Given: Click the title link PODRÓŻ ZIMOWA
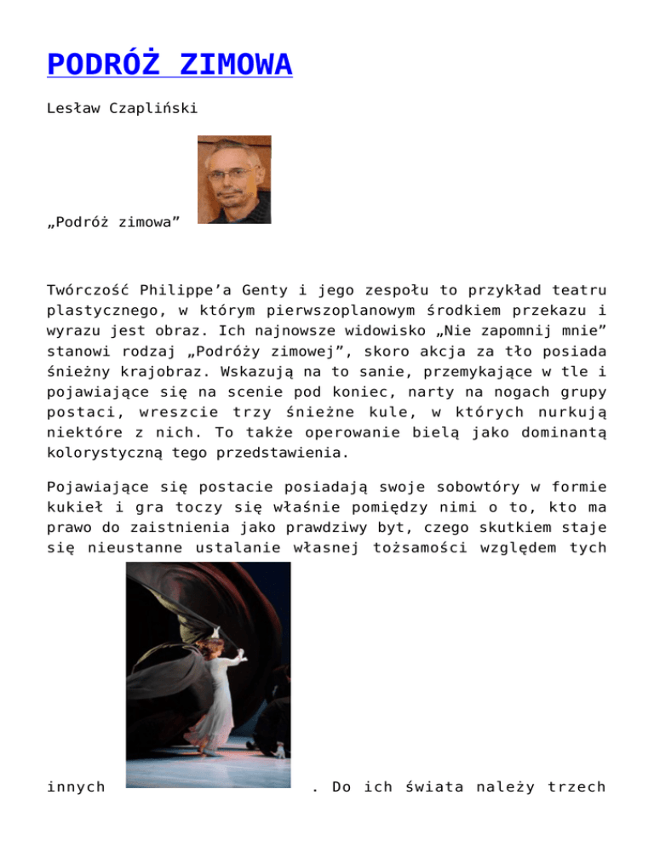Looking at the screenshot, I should point(170,65).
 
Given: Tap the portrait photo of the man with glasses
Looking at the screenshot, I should point(234,180).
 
